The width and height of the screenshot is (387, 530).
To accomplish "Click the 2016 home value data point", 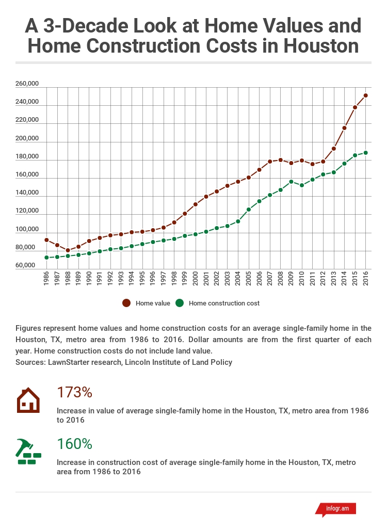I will point(366,95).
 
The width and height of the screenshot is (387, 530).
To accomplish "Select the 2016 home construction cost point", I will point(366,153).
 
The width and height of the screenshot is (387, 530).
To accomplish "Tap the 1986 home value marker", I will point(46,240).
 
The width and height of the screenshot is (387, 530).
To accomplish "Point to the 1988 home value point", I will point(68,250).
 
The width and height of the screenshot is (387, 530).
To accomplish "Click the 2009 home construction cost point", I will point(291,182).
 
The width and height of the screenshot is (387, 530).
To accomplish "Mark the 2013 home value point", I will point(334,149).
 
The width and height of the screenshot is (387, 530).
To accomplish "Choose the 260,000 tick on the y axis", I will point(27,84).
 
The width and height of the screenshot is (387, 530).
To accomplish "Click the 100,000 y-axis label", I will point(27,229).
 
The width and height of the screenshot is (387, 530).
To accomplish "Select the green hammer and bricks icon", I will point(28,452).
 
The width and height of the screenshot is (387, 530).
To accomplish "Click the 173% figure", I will point(74,392).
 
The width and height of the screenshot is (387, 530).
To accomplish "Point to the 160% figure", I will point(74,443).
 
